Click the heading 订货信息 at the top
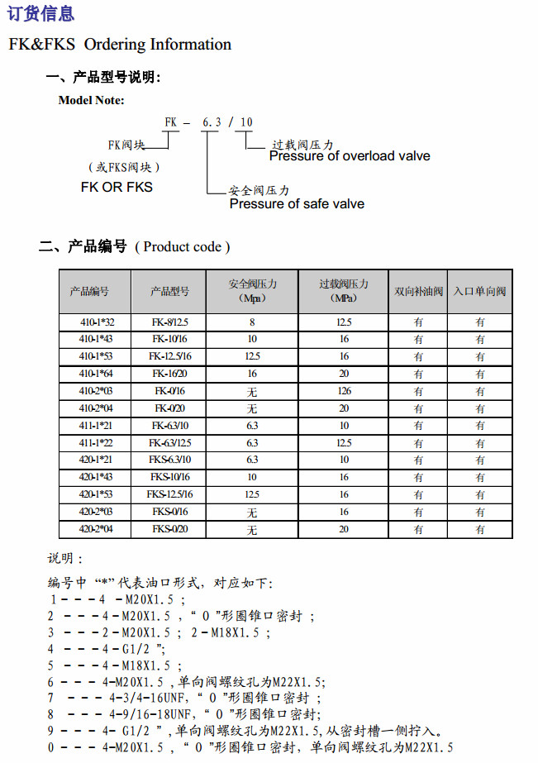[x=40, y=13]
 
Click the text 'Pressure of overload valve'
[x=350, y=156]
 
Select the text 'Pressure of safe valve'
[x=297, y=204]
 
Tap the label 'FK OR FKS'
[x=117, y=188]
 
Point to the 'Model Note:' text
[x=91, y=100]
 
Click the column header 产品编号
[x=89, y=291]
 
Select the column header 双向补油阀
[x=418, y=291]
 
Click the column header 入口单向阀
[x=479, y=291]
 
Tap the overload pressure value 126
[x=345, y=391]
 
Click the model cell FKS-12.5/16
[x=169, y=494]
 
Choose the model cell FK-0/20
[x=170, y=408]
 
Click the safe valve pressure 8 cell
[x=252, y=322]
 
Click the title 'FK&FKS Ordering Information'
[x=120, y=45]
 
